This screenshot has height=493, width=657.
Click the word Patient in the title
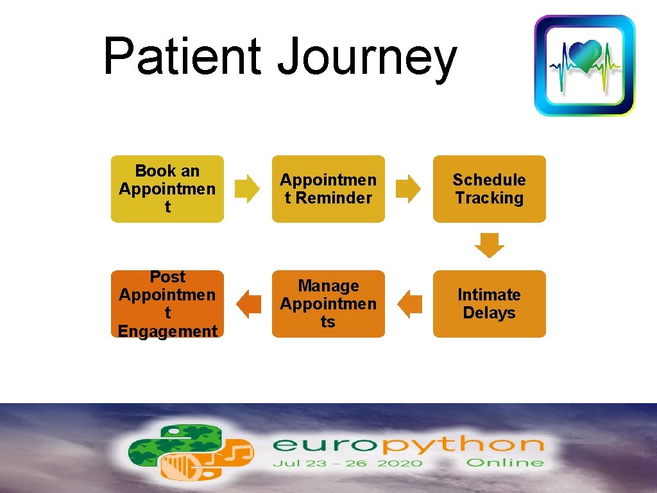[x=182, y=56]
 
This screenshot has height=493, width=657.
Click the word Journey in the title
[x=366, y=59]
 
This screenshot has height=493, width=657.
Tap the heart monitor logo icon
[x=584, y=65]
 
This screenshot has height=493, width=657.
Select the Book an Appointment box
[x=167, y=189]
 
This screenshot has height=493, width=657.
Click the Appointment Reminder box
[x=328, y=189]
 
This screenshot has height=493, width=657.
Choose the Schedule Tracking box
[x=490, y=189]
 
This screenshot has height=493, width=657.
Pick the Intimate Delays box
[x=490, y=304]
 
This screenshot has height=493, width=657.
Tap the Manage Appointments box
[x=328, y=304]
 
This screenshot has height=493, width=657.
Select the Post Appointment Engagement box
[x=167, y=304]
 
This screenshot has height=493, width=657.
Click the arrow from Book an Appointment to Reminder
[x=248, y=188]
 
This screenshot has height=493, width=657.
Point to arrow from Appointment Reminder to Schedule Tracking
[x=409, y=188]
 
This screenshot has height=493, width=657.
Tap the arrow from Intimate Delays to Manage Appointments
[x=409, y=304]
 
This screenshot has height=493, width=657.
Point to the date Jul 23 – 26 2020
[x=346, y=463]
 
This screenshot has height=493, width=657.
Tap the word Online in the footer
[x=505, y=463]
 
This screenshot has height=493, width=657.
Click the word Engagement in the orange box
[x=167, y=331]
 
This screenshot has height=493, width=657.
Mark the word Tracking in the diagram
[x=490, y=198]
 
